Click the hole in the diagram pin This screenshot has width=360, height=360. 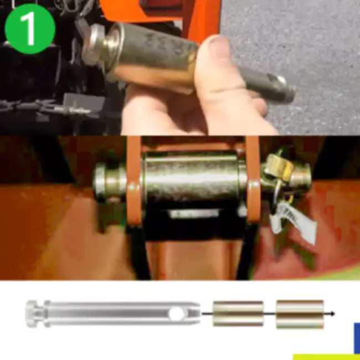[x=177, y=314]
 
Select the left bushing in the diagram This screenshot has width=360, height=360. [x=238, y=313]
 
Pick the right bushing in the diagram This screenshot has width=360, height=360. [x=300, y=313]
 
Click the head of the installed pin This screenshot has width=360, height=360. [x=105, y=179]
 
